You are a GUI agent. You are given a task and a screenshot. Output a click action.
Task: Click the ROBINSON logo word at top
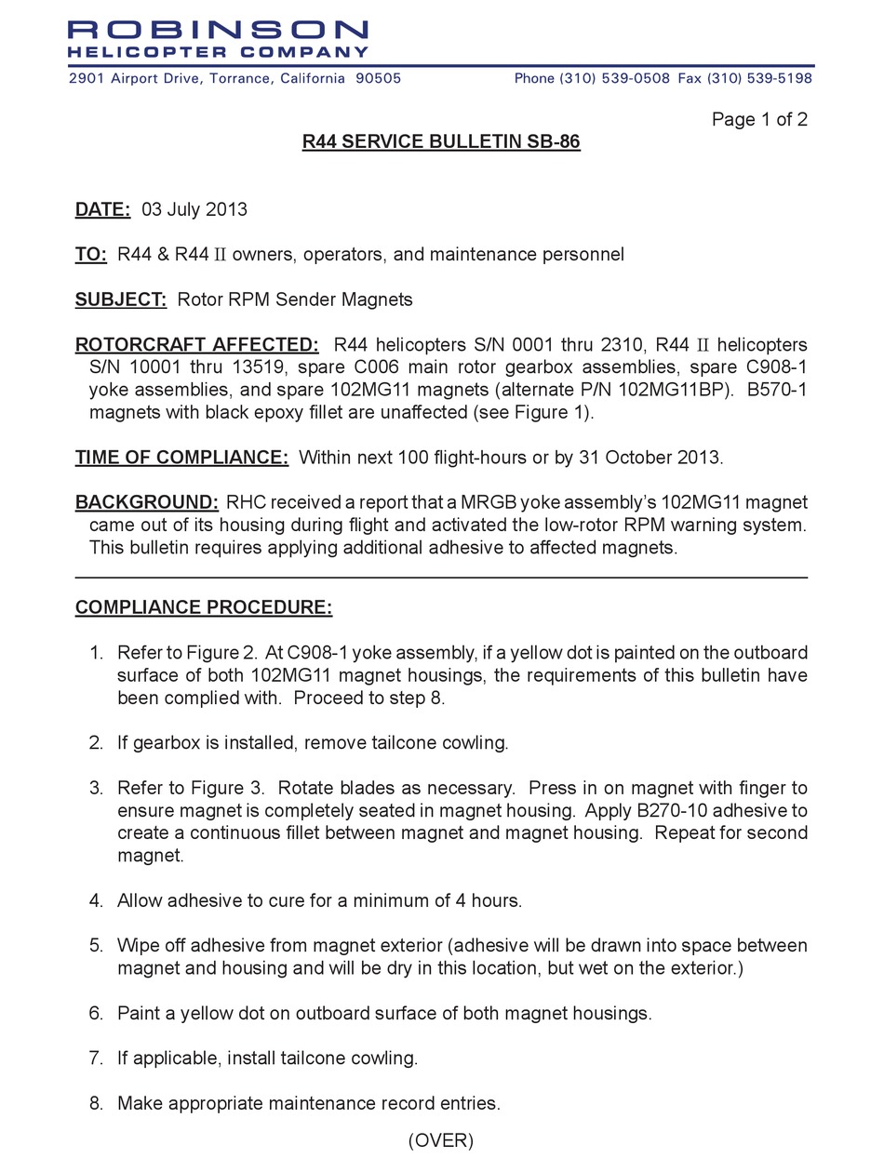(x=219, y=31)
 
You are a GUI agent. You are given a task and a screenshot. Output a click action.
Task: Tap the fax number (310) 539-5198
(x=759, y=79)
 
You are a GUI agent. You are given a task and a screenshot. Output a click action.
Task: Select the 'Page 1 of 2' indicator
(x=759, y=119)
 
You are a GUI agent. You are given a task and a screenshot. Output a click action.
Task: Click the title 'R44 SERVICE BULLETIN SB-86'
(x=441, y=142)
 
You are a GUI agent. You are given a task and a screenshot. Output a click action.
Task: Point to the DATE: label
(x=102, y=209)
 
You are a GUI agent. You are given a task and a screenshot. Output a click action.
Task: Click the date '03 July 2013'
(x=194, y=209)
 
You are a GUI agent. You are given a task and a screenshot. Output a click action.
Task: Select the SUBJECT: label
(x=121, y=299)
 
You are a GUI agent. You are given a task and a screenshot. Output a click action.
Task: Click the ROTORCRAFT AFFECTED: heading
(x=197, y=345)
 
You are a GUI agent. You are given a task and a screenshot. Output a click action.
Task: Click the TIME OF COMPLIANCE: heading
(x=182, y=458)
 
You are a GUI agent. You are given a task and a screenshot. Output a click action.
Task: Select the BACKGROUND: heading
(x=147, y=503)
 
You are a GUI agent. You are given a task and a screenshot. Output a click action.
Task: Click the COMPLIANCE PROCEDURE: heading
(x=204, y=608)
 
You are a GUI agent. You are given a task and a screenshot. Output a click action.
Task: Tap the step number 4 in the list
(x=96, y=900)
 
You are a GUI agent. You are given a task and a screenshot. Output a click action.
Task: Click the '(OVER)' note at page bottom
(x=441, y=1140)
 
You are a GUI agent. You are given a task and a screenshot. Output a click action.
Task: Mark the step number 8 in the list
(x=96, y=1104)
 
